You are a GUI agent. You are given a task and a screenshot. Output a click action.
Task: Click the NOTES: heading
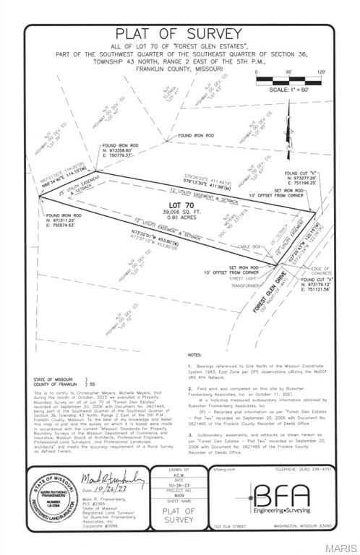point(194,356)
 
